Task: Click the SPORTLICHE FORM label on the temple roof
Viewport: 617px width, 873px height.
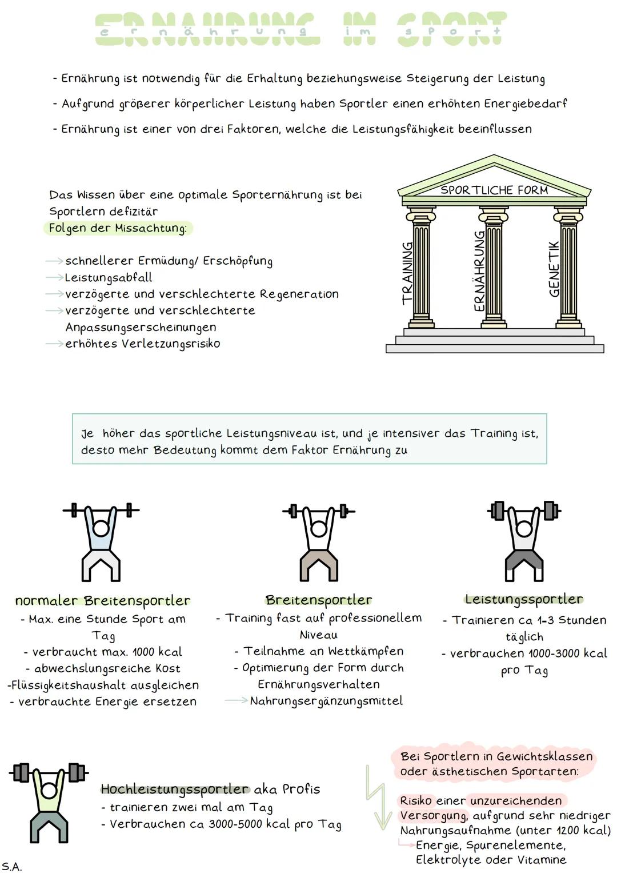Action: pyautogui.click(x=494, y=190)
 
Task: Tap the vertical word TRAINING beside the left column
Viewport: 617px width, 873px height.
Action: pyautogui.click(x=407, y=273)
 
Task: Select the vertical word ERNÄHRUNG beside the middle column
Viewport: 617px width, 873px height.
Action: pyautogui.click(x=479, y=271)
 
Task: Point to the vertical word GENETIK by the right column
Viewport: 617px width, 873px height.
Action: pyautogui.click(x=554, y=269)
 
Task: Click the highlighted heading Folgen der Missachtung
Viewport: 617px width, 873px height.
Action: pyautogui.click(x=118, y=228)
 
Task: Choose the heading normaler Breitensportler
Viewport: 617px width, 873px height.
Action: pyautogui.click(x=103, y=601)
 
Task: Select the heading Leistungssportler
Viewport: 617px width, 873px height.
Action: pyautogui.click(x=524, y=599)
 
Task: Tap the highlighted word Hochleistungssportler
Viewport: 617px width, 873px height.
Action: pyautogui.click(x=175, y=789)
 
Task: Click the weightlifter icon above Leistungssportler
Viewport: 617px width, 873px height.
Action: pyautogui.click(x=524, y=540)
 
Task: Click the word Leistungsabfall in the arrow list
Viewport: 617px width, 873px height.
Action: pyautogui.click(x=109, y=278)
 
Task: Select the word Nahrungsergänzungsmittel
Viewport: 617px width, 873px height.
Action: pyautogui.click(x=326, y=701)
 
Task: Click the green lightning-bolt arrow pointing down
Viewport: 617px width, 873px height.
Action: pyautogui.click(x=377, y=798)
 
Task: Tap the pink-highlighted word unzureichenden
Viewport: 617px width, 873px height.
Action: pyautogui.click(x=516, y=800)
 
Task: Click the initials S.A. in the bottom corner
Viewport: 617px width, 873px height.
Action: pyautogui.click(x=11, y=866)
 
